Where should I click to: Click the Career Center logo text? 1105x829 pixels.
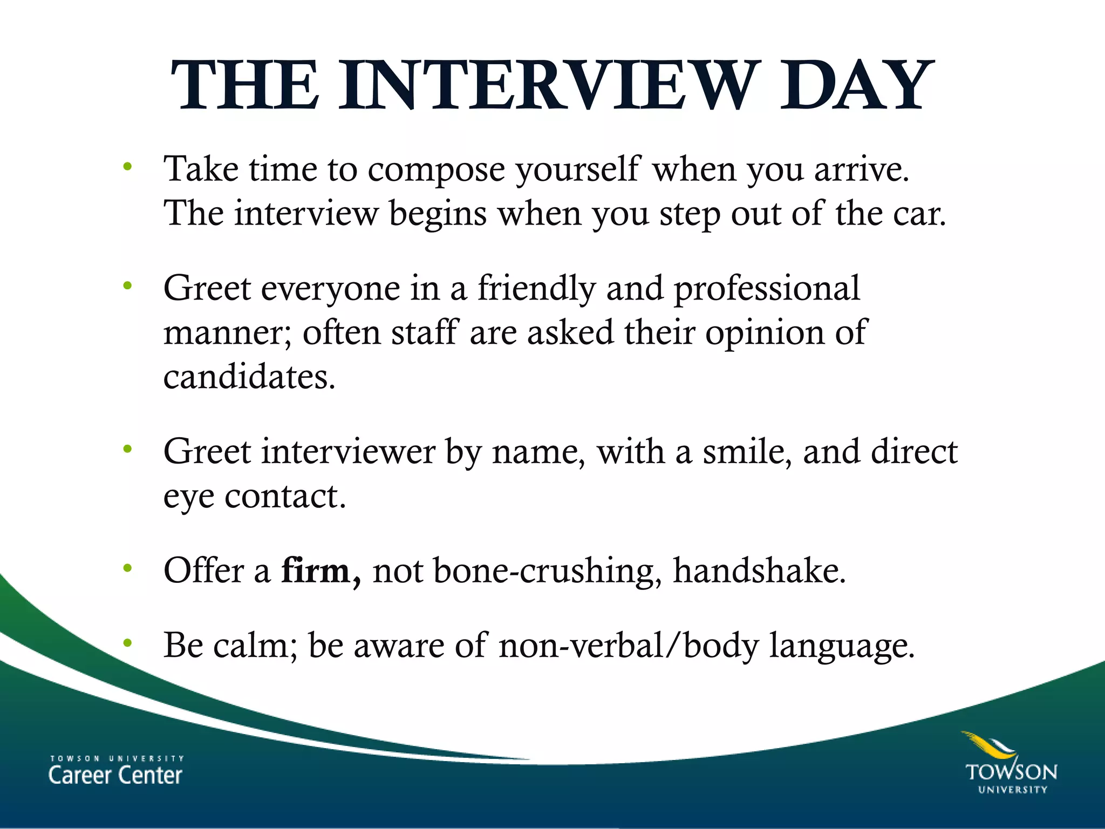[115, 771]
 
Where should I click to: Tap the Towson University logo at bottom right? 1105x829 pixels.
[1010, 763]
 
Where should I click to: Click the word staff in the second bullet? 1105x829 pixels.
[424, 332]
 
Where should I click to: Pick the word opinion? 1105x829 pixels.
[765, 333]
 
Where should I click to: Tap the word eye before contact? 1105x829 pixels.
[189, 497]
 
